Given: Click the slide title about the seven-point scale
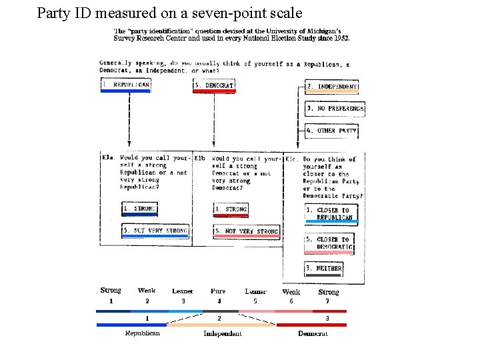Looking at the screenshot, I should [x=169, y=13].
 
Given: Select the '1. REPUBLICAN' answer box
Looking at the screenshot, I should [x=125, y=85].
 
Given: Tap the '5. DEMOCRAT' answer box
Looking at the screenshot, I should [x=214, y=85].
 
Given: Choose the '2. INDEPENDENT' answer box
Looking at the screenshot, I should [x=332, y=87].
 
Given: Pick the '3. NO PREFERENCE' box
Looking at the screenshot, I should [x=335, y=108].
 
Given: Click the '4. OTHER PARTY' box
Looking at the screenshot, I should [x=331, y=131].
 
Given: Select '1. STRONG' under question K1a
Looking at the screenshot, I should [x=139, y=209].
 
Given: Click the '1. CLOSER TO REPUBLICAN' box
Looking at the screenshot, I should [x=331, y=213].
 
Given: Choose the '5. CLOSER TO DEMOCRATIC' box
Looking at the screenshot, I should [x=329, y=243].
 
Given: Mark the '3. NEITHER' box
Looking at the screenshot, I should [x=323, y=269].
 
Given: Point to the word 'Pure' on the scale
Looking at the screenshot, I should [x=218, y=291].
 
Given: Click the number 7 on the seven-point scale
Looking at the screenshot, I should [x=327, y=301].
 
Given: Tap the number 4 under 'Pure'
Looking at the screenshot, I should [x=219, y=301].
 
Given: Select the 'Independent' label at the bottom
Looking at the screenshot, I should [x=223, y=333].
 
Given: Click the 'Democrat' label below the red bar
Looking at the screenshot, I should [x=313, y=333].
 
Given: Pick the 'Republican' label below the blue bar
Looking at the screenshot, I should [x=143, y=333].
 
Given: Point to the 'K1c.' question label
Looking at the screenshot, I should [x=291, y=159].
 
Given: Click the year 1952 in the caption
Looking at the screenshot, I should [x=339, y=38].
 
